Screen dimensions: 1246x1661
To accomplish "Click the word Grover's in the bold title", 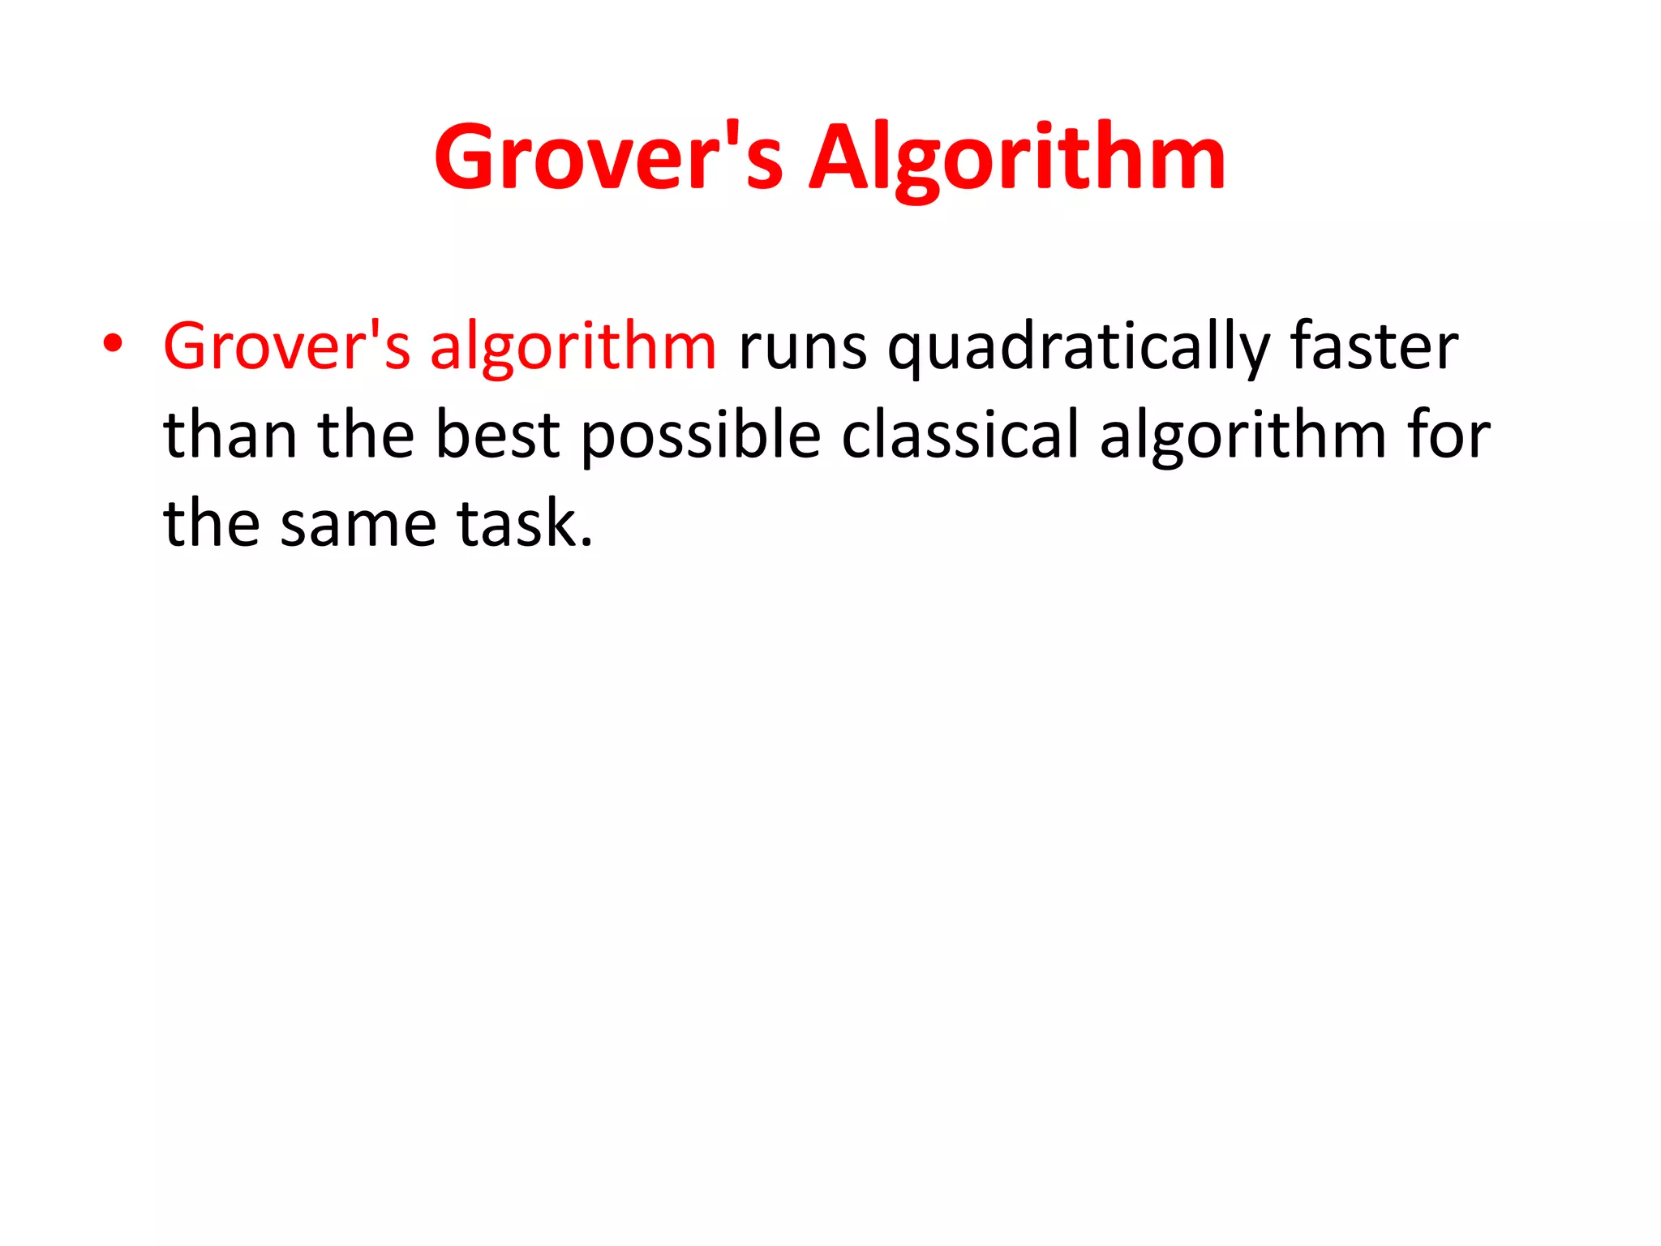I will pos(608,158).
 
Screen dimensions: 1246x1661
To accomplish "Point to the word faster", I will pos(1374,346).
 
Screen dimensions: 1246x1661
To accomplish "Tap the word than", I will pos(230,436).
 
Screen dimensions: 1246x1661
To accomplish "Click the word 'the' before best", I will pos(366,436).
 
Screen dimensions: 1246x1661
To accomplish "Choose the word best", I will pos(497,436).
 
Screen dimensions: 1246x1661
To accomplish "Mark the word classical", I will pos(960,436).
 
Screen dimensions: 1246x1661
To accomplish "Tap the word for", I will pos(1449,436).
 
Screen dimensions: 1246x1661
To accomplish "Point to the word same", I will pos(358,526).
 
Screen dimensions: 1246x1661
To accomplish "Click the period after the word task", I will pos(586,544).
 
